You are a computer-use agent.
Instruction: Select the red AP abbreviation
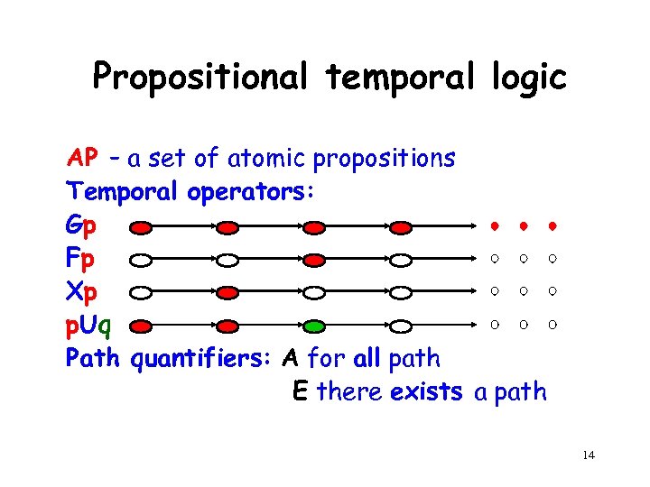(x=83, y=159)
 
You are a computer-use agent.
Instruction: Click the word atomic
(x=269, y=160)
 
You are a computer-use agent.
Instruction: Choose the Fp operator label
(x=79, y=260)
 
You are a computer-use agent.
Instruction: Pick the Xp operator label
(x=79, y=292)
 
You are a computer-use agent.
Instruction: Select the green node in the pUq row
(x=313, y=325)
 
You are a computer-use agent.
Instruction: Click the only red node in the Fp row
(x=313, y=261)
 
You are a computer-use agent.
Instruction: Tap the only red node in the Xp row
(x=229, y=293)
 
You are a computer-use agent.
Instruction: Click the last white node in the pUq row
(x=400, y=325)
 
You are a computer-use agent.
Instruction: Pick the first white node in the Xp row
(x=144, y=293)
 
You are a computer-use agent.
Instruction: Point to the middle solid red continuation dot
(x=522, y=225)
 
